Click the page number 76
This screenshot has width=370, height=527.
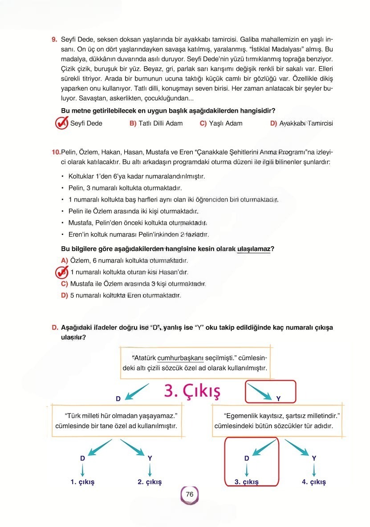(x=189, y=495)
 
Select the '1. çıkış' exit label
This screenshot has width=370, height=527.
(x=82, y=482)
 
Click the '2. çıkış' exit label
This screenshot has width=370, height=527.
(x=150, y=482)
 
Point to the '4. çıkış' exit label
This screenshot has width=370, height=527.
(x=314, y=482)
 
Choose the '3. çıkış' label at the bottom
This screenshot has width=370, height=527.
(x=246, y=482)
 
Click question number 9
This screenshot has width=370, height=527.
(x=54, y=40)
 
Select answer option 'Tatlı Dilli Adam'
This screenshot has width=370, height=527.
(x=156, y=123)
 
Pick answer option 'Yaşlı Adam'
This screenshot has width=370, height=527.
(x=221, y=123)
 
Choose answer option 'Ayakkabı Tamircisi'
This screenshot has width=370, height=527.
(x=301, y=123)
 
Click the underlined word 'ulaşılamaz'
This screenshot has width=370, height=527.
(x=253, y=249)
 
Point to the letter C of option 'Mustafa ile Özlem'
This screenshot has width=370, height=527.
(x=64, y=284)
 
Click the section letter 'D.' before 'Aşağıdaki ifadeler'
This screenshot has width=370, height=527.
(x=55, y=328)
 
